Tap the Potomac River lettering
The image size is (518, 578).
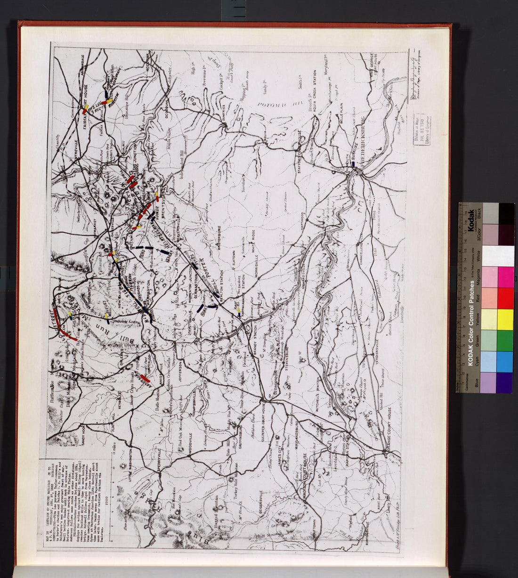pyautogui.click(x=274, y=97)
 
